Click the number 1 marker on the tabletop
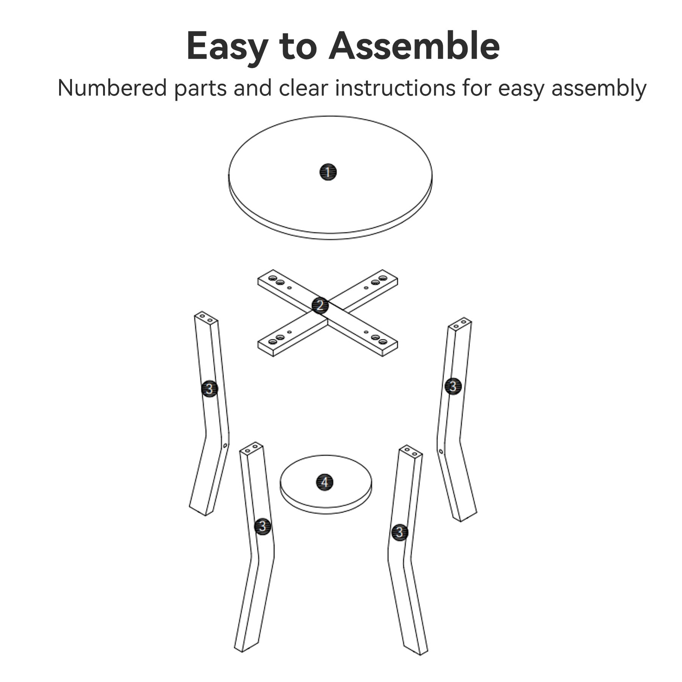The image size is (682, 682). (328, 172)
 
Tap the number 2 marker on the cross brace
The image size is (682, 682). (320, 305)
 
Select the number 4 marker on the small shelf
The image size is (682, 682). (325, 482)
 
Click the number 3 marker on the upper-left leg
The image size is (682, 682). (210, 388)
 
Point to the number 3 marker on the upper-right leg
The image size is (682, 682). (453, 386)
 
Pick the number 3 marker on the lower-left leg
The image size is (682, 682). (263, 526)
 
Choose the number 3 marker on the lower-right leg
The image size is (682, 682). (400, 532)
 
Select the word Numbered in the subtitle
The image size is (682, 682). (112, 88)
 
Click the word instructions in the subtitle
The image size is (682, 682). (395, 88)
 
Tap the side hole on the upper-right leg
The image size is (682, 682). (441, 452)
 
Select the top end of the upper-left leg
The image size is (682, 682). (206, 318)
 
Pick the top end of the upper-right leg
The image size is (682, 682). (460, 324)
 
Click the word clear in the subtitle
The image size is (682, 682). (303, 88)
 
